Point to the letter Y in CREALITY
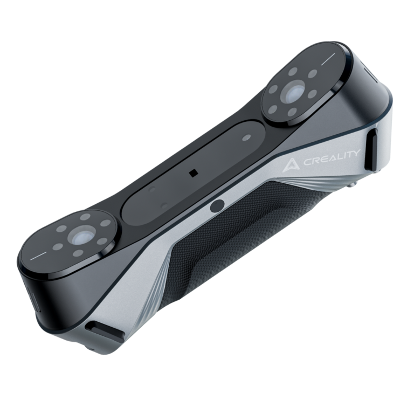pos(356,154)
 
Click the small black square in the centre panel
pos(192,173)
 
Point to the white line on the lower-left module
pos(41,257)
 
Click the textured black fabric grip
pos(243,237)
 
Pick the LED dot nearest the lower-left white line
pos(58,247)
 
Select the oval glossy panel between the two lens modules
pos(194,172)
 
